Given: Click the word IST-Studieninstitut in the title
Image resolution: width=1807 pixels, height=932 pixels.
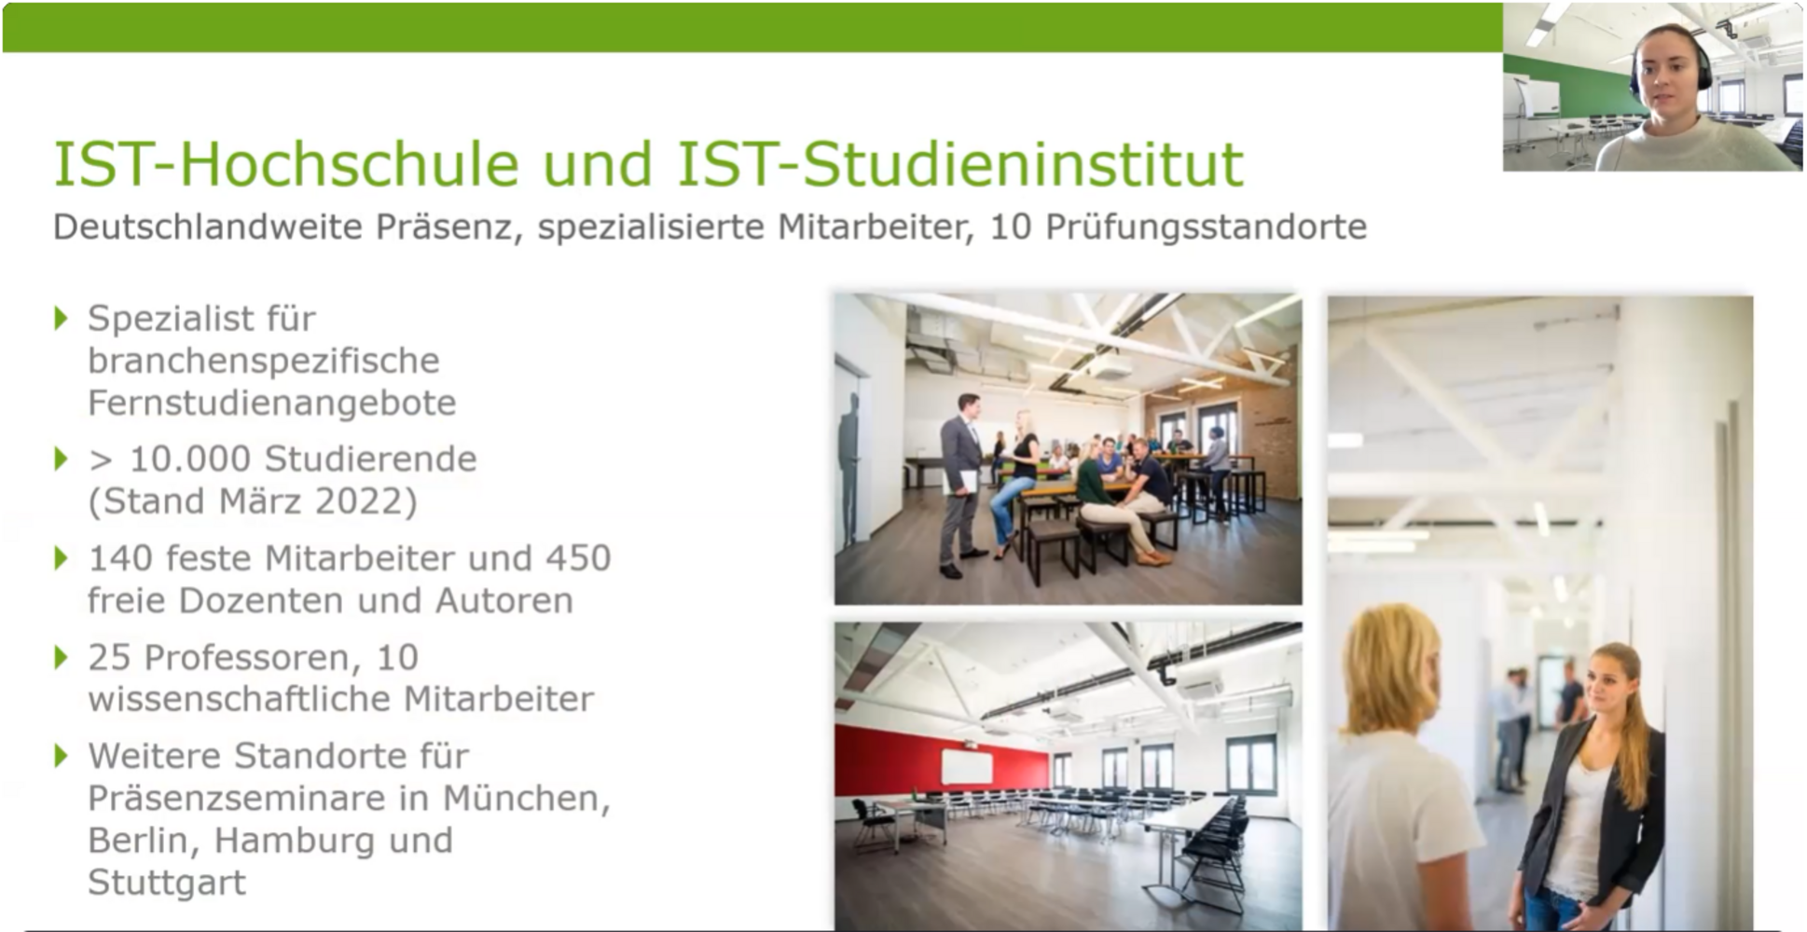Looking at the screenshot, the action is pos(960,164).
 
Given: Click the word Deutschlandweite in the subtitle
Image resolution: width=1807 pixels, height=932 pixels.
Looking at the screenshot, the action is pos(207,226).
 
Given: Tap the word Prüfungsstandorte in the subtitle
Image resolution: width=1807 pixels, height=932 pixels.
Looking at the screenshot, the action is pos(1206,227).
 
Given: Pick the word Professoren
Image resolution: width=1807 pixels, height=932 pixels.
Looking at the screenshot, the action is pos(252,658).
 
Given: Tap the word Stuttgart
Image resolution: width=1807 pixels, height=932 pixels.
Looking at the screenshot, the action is pos(167,883).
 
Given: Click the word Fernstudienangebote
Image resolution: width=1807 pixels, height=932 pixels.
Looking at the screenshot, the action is pos(272,403).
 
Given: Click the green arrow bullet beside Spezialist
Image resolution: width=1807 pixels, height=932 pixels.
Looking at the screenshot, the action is pos(62,319).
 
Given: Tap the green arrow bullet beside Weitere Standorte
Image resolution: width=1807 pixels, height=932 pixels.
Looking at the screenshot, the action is pos(62,756).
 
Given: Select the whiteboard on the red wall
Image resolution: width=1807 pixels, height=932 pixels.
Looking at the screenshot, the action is pos(968,767).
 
